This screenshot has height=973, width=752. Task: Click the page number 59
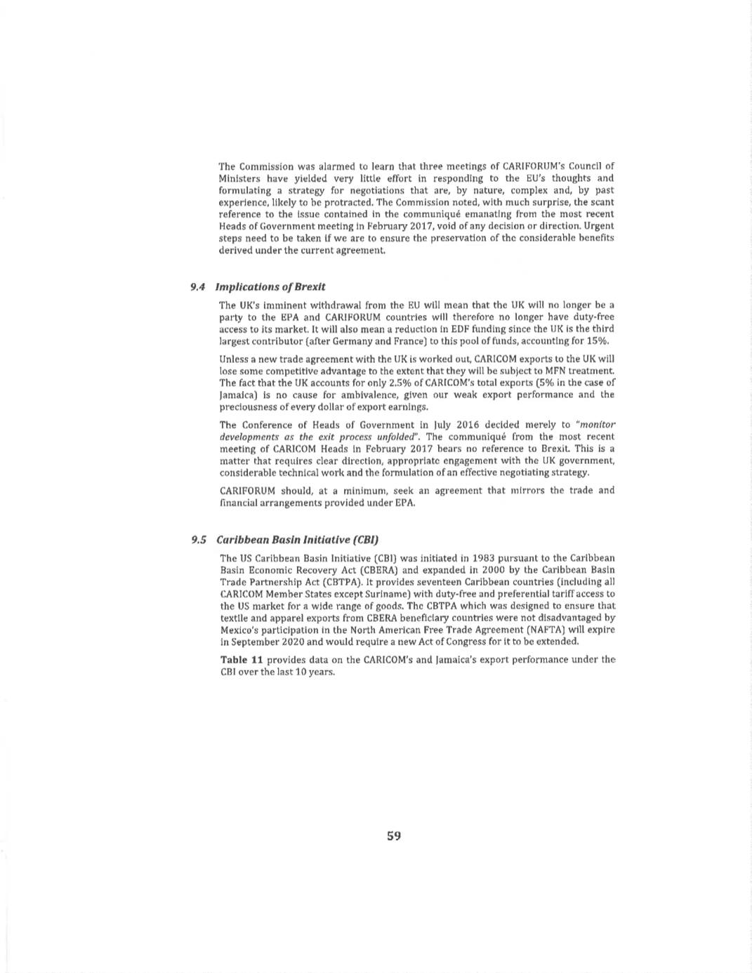[x=393, y=835]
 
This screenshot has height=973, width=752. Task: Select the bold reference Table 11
[x=242, y=660]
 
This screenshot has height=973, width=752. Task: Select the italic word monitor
[x=597, y=425]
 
